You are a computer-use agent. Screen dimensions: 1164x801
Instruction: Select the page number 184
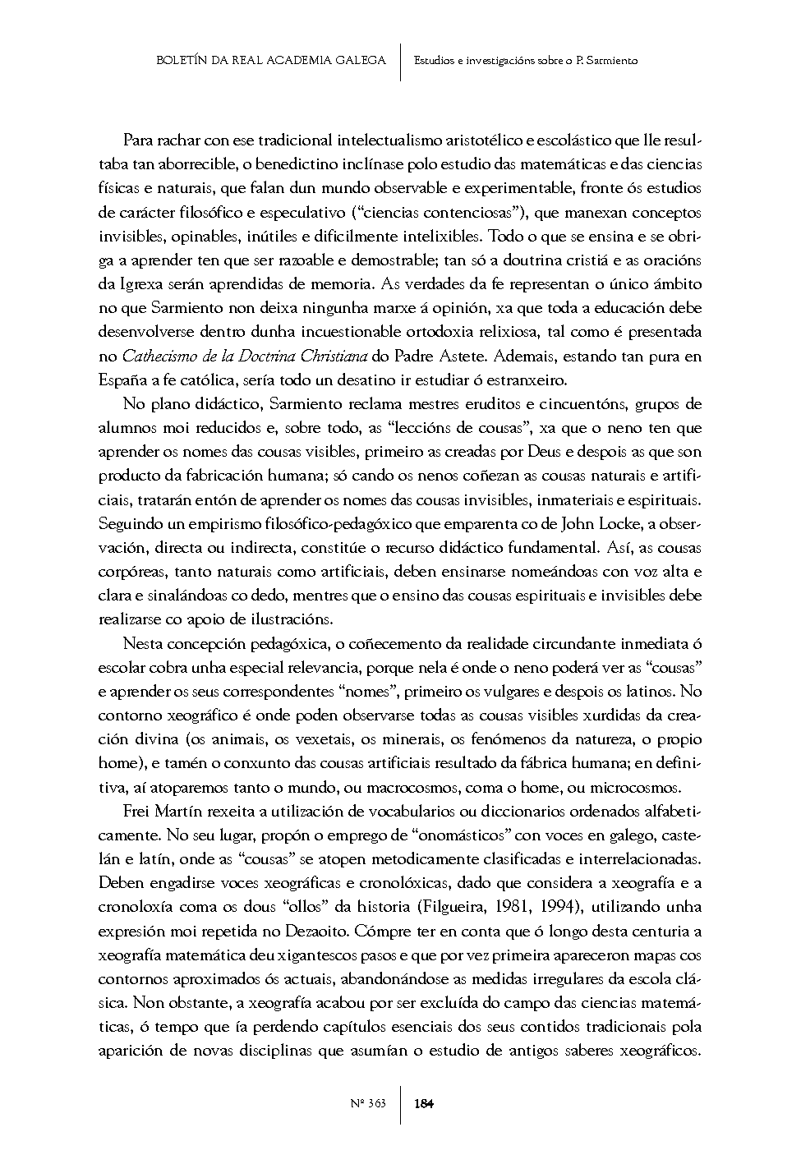click(x=424, y=1103)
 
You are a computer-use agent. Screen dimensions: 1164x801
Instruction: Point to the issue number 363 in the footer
click(x=378, y=1103)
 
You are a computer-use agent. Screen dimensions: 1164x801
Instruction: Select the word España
click(x=121, y=380)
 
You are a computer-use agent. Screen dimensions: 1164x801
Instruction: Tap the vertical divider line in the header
click(x=400, y=60)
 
